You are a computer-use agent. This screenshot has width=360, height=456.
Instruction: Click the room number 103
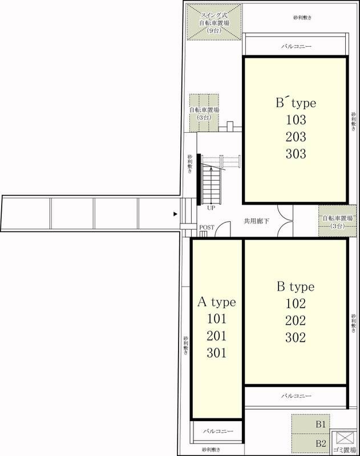[296, 120]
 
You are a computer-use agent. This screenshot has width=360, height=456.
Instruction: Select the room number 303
[296, 154]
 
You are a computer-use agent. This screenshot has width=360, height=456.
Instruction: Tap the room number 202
[296, 320]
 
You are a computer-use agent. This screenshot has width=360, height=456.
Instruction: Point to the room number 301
[217, 353]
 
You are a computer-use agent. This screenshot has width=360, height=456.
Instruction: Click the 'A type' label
[217, 303]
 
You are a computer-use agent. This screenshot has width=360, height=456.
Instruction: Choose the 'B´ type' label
[296, 103]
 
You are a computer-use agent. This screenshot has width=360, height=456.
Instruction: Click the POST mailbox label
[207, 227]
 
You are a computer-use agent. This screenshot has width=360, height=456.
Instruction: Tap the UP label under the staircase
[211, 208]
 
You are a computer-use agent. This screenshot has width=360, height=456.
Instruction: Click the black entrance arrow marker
[175, 214]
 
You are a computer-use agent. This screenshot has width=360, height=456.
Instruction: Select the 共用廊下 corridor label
[256, 221]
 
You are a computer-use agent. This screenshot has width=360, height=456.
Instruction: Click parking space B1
[311, 424]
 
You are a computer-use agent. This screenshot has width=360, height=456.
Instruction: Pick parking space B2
[311, 443]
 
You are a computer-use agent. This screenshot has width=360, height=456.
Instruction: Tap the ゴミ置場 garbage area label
[344, 450]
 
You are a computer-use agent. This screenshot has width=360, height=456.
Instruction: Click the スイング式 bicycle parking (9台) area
[214, 22]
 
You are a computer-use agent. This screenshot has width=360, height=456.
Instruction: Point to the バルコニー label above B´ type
[296, 46]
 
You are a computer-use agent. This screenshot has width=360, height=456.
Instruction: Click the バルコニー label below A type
[219, 431]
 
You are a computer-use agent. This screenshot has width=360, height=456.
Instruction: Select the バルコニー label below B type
[296, 396]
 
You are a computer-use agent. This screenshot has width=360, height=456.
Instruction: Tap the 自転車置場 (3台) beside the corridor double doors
[337, 221]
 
